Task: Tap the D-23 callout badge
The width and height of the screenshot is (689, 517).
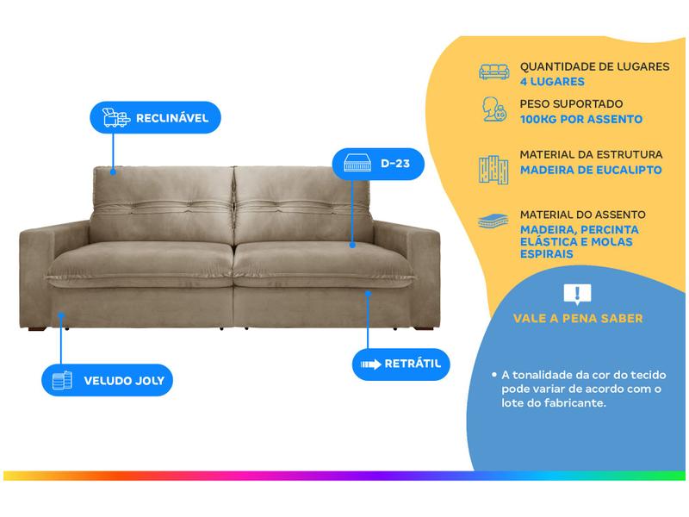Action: [x=378, y=163]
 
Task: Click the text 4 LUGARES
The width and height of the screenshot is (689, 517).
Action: [x=552, y=82]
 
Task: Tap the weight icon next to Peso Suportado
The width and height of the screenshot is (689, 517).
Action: [x=493, y=110]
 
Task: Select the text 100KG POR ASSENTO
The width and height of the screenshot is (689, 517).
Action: [x=581, y=120]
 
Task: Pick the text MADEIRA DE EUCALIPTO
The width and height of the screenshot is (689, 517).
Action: [x=591, y=171]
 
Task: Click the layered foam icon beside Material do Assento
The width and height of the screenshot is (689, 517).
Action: [x=493, y=221]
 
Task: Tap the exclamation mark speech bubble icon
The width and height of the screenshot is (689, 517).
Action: [x=577, y=295]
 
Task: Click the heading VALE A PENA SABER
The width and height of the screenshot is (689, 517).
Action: [x=578, y=319]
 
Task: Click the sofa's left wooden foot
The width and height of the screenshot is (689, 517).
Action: [x=37, y=327]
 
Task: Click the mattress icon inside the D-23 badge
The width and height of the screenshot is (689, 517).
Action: [x=358, y=163]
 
